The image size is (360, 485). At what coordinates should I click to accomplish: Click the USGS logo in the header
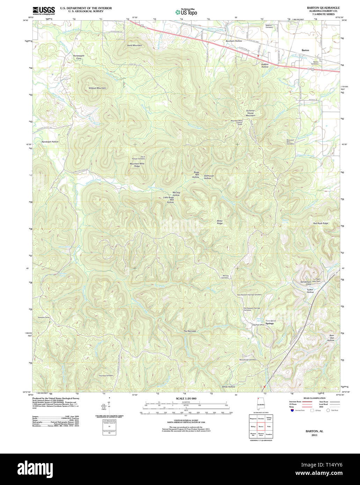[44, 10]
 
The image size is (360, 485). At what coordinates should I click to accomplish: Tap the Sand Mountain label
[134, 45]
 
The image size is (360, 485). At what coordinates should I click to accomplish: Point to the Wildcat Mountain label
[97, 88]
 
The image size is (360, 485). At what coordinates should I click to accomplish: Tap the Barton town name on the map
[305, 50]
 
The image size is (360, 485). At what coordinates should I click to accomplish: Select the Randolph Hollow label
[50, 142]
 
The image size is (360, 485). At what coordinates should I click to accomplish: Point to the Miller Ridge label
[220, 222]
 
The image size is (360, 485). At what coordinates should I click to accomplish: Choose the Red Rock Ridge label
[321, 223]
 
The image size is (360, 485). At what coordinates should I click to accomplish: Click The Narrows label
[190, 331]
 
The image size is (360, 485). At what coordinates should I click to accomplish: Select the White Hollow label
[228, 387]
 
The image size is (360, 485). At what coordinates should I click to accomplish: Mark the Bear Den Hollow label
[331, 338]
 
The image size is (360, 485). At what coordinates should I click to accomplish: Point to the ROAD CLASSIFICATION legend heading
[314, 398]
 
